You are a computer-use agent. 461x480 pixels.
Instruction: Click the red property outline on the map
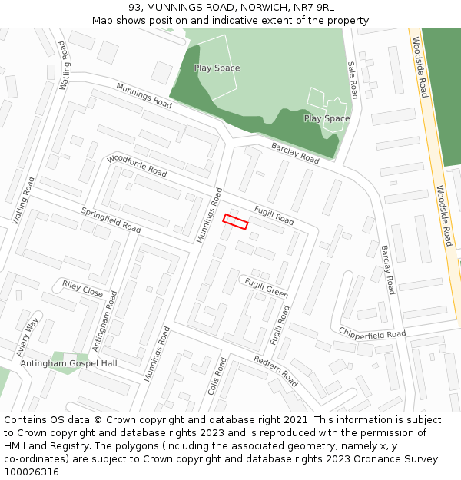tap(235, 222)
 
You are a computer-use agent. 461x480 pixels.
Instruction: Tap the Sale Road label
tap(353, 80)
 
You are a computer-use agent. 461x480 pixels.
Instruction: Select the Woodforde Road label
tap(137, 165)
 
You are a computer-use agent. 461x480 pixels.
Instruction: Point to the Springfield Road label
tap(111, 220)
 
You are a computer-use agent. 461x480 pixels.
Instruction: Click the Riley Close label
tap(82, 289)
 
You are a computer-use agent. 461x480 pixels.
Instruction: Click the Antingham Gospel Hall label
tap(69, 362)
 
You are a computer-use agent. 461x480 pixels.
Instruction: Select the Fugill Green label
tap(266, 288)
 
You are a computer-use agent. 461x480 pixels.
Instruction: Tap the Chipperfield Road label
tap(372, 333)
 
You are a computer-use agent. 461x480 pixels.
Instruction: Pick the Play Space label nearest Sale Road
tap(327, 118)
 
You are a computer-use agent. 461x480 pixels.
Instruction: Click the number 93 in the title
tap(146, 7)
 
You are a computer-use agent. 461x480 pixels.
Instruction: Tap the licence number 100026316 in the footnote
tap(32, 472)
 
